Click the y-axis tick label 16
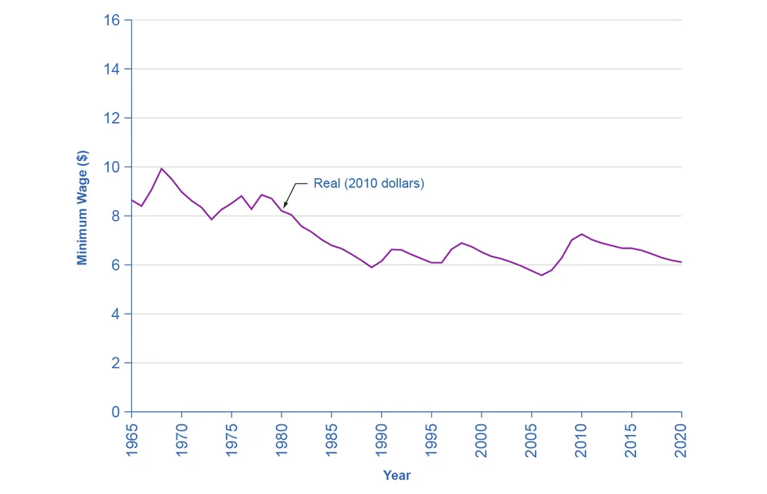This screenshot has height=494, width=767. pyautogui.click(x=111, y=20)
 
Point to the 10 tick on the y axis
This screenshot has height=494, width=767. pyautogui.click(x=111, y=166)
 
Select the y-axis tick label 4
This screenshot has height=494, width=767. pyautogui.click(x=116, y=314)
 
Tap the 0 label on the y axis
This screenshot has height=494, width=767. pyautogui.click(x=116, y=412)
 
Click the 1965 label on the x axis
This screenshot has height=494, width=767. pyautogui.click(x=132, y=440)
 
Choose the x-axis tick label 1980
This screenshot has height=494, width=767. pyautogui.click(x=281, y=440)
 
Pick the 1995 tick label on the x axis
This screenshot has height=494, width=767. pyautogui.click(x=431, y=440)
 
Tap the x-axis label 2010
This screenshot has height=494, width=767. pyautogui.click(x=581, y=440)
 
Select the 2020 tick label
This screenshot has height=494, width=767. pyautogui.click(x=681, y=440)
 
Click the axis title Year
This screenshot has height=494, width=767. pyautogui.click(x=397, y=475)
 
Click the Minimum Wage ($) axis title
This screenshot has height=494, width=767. pyautogui.click(x=82, y=207)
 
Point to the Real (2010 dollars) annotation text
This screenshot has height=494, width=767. pyautogui.click(x=369, y=183)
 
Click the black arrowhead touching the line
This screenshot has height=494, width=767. pyautogui.click(x=285, y=204)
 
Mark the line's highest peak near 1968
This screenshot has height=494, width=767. pyautogui.click(x=161, y=169)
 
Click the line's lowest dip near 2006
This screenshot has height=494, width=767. pyautogui.click(x=542, y=275)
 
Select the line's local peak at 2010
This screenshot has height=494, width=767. pyautogui.click(x=581, y=234)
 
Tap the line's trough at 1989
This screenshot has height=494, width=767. pyautogui.click(x=372, y=267)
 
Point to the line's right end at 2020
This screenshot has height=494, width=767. pyautogui.click(x=681, y=262)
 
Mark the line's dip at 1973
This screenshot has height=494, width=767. pyautogui.click(x=212, y=219)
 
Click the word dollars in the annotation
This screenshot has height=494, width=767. pyautogui.click(x=398, y=183)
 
